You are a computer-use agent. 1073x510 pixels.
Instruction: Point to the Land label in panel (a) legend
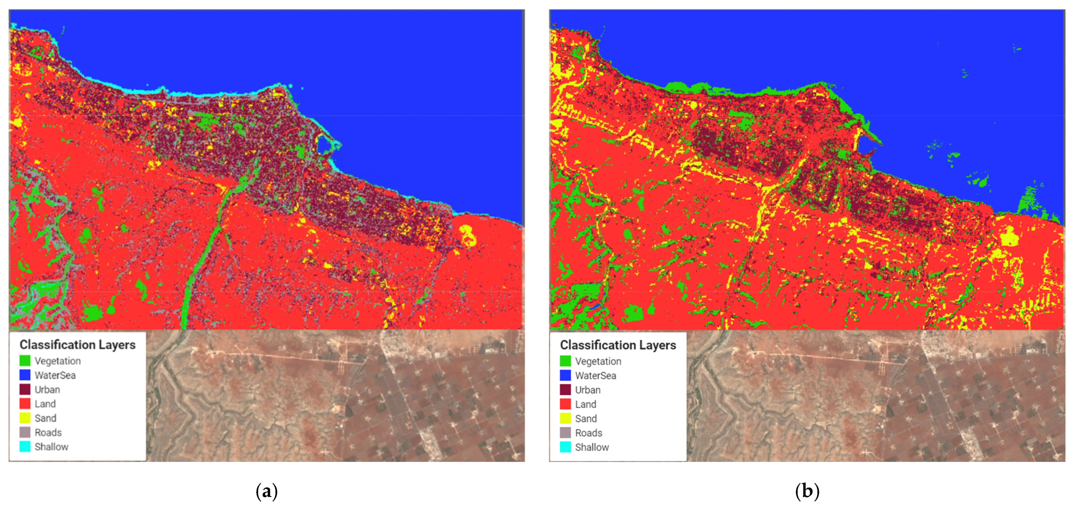45,404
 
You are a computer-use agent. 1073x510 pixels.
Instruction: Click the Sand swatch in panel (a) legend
25,418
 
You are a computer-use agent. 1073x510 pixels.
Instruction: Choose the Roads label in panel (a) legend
48,432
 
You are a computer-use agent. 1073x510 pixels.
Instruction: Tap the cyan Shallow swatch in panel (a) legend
25,447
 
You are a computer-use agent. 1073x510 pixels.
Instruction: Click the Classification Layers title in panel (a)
78,345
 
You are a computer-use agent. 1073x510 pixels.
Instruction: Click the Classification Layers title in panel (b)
618,345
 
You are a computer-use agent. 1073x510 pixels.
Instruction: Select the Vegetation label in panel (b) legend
598,361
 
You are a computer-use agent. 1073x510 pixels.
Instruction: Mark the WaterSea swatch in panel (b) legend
565,375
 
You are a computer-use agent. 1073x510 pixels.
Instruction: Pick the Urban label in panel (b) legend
588,390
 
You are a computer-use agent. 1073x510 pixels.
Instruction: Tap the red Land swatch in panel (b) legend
565,404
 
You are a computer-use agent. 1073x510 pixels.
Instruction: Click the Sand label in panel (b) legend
586,418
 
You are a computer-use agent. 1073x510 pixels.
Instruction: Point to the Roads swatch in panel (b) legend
565,433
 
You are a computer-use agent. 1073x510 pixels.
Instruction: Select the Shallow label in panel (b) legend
592,447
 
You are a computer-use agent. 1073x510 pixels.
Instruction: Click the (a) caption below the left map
267,491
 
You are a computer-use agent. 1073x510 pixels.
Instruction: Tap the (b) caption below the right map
807,491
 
